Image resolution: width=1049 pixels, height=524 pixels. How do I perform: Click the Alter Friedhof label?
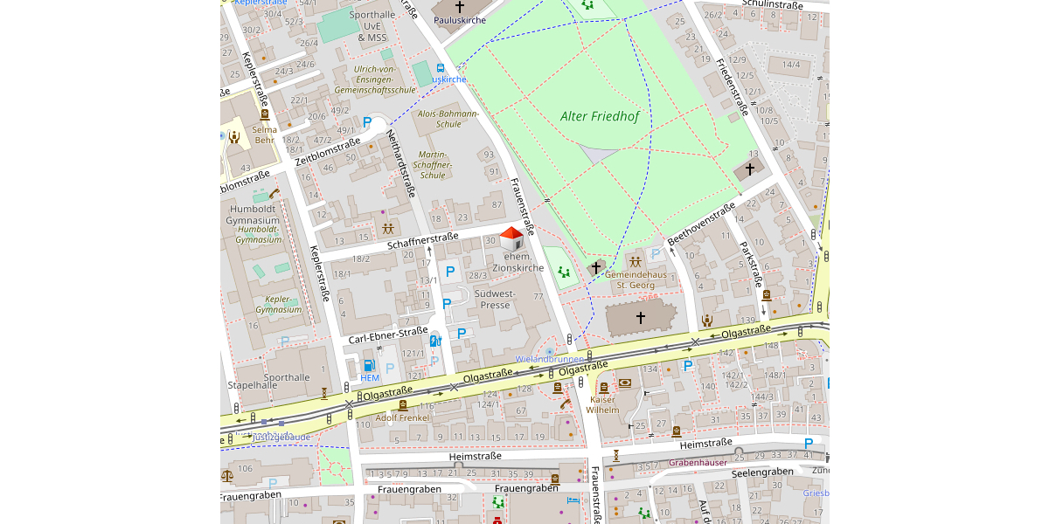pos(600,116)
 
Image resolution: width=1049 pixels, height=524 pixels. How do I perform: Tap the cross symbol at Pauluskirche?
pos(460,7)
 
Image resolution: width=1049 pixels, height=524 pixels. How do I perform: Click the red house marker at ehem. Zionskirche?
pos(511,238)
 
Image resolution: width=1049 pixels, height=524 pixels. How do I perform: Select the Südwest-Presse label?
pos(494,299)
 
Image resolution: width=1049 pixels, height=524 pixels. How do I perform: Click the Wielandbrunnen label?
pos(550,359)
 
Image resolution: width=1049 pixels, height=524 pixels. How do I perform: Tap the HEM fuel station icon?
pos(369,365)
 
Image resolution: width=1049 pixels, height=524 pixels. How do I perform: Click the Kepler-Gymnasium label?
pos(279,304)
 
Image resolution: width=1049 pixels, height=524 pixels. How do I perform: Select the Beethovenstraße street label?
pos(701,224)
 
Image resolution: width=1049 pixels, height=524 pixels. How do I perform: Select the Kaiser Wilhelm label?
pos(602,403)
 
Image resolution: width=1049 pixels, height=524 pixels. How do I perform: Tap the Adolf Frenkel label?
pos(402,417)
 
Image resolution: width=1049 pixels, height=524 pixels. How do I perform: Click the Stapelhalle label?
pos(253,384)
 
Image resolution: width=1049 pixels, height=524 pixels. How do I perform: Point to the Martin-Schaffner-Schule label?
pos(433,164)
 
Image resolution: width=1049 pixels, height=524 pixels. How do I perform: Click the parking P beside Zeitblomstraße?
pos(368,122)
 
